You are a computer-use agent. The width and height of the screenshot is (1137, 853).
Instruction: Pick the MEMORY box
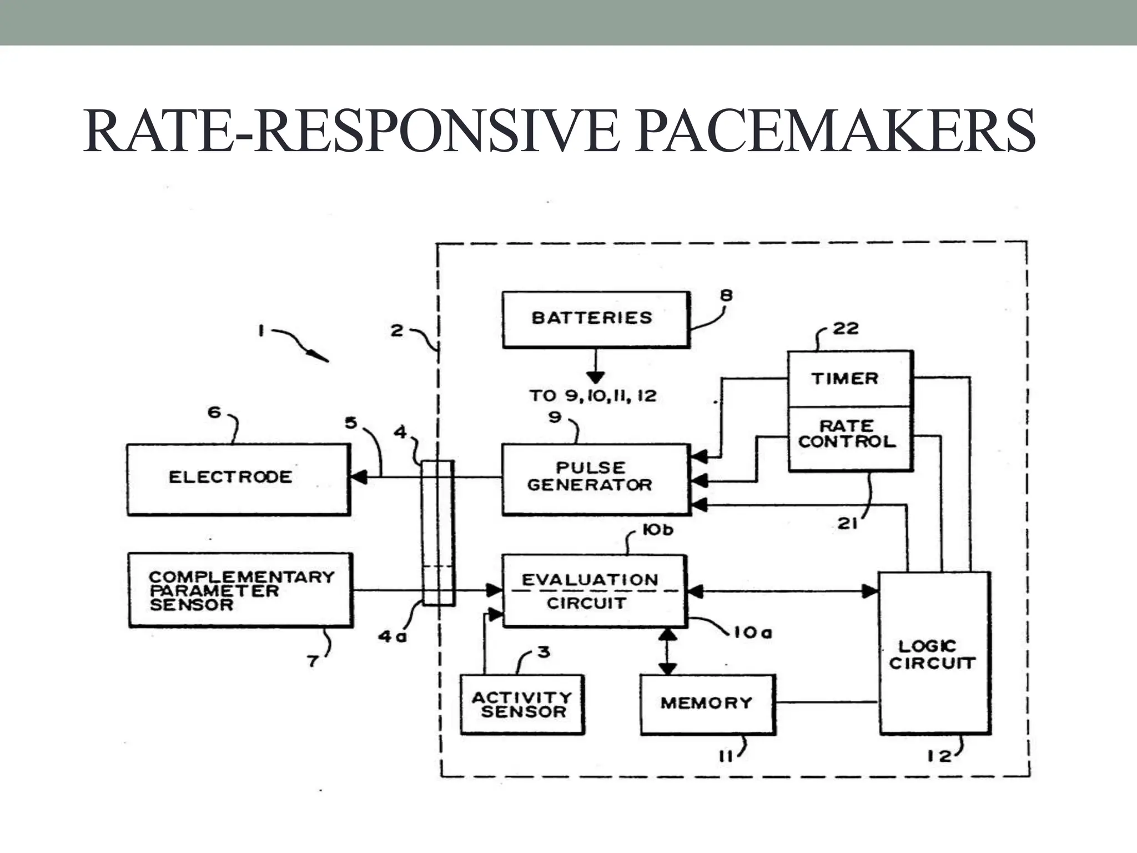tap(707, 704)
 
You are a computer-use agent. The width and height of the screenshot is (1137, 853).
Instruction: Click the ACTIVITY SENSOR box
tap(522, 704)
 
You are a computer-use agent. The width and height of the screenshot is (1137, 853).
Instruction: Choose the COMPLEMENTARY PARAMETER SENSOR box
tap(240, 590)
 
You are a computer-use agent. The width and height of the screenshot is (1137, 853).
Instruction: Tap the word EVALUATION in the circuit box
tap(590, 580)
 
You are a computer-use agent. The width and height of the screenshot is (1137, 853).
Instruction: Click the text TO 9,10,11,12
tap(592, 396)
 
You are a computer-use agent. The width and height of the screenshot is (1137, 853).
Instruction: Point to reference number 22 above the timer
tap(846, 329)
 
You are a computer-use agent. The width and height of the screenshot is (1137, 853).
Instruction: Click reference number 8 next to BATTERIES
tap(726, 295)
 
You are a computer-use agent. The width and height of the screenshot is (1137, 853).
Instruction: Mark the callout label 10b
tap(657, 530)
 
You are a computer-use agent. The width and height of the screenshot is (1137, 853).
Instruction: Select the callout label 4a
tap(392, 636)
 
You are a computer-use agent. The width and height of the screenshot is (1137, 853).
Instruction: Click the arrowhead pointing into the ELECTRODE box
tap(358, 476)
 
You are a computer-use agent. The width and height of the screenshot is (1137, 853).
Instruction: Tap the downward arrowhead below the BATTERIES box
tap(595, 378)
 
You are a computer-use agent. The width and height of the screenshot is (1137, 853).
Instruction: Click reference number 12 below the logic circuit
tap(938, 756)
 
